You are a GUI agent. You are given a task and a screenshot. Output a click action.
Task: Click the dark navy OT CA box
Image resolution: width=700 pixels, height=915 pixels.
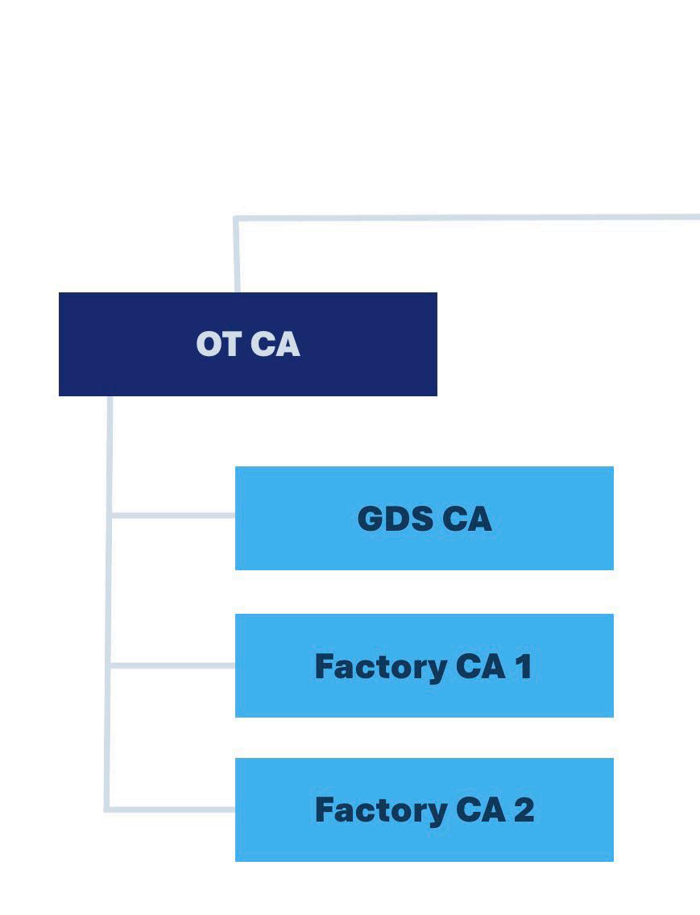[x=247, y=344]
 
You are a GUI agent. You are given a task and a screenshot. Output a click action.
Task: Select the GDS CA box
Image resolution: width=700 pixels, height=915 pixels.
[x=425, y=518]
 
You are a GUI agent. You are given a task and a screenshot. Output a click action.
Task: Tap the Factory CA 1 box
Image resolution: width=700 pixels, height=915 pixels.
[x=425, y=665]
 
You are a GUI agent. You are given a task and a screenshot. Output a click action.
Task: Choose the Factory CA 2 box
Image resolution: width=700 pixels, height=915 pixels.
[x=425, y=809]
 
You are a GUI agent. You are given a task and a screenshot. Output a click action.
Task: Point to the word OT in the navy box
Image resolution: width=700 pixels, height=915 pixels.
[x=218, y=344]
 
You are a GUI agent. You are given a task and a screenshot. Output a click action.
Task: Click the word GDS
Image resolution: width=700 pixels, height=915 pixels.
[x=396, y=518]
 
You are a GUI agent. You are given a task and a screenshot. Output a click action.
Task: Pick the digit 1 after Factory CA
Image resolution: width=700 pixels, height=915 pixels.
[x=524, y=666]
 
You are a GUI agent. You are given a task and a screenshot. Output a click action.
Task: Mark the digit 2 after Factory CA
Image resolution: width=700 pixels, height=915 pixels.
[x=524, y=810]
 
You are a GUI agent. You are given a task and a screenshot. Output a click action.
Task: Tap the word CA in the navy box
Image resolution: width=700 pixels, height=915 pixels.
[x=275, y=344]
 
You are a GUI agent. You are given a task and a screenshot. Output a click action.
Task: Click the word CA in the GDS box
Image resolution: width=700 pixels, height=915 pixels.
[x=467, y=518]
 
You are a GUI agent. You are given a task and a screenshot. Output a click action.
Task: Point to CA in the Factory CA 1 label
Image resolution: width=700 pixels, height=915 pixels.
[x=480, y=666]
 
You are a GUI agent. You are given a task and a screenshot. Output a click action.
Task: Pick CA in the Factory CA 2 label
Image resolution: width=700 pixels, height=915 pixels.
[x=480, y=810]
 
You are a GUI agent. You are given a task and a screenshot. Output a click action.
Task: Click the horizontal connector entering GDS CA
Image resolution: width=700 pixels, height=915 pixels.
[x=173, y=515]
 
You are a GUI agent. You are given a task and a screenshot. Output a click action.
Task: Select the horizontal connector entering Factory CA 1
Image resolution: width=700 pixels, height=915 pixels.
[x=173, y=665]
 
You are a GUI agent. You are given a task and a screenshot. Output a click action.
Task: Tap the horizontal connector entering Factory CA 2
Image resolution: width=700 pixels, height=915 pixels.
[x=172, y=809]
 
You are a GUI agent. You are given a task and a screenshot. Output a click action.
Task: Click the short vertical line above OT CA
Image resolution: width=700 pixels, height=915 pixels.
[x=237, y=255]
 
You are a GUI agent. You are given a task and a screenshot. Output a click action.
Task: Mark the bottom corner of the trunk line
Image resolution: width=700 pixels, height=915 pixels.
[x=107, y=809]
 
